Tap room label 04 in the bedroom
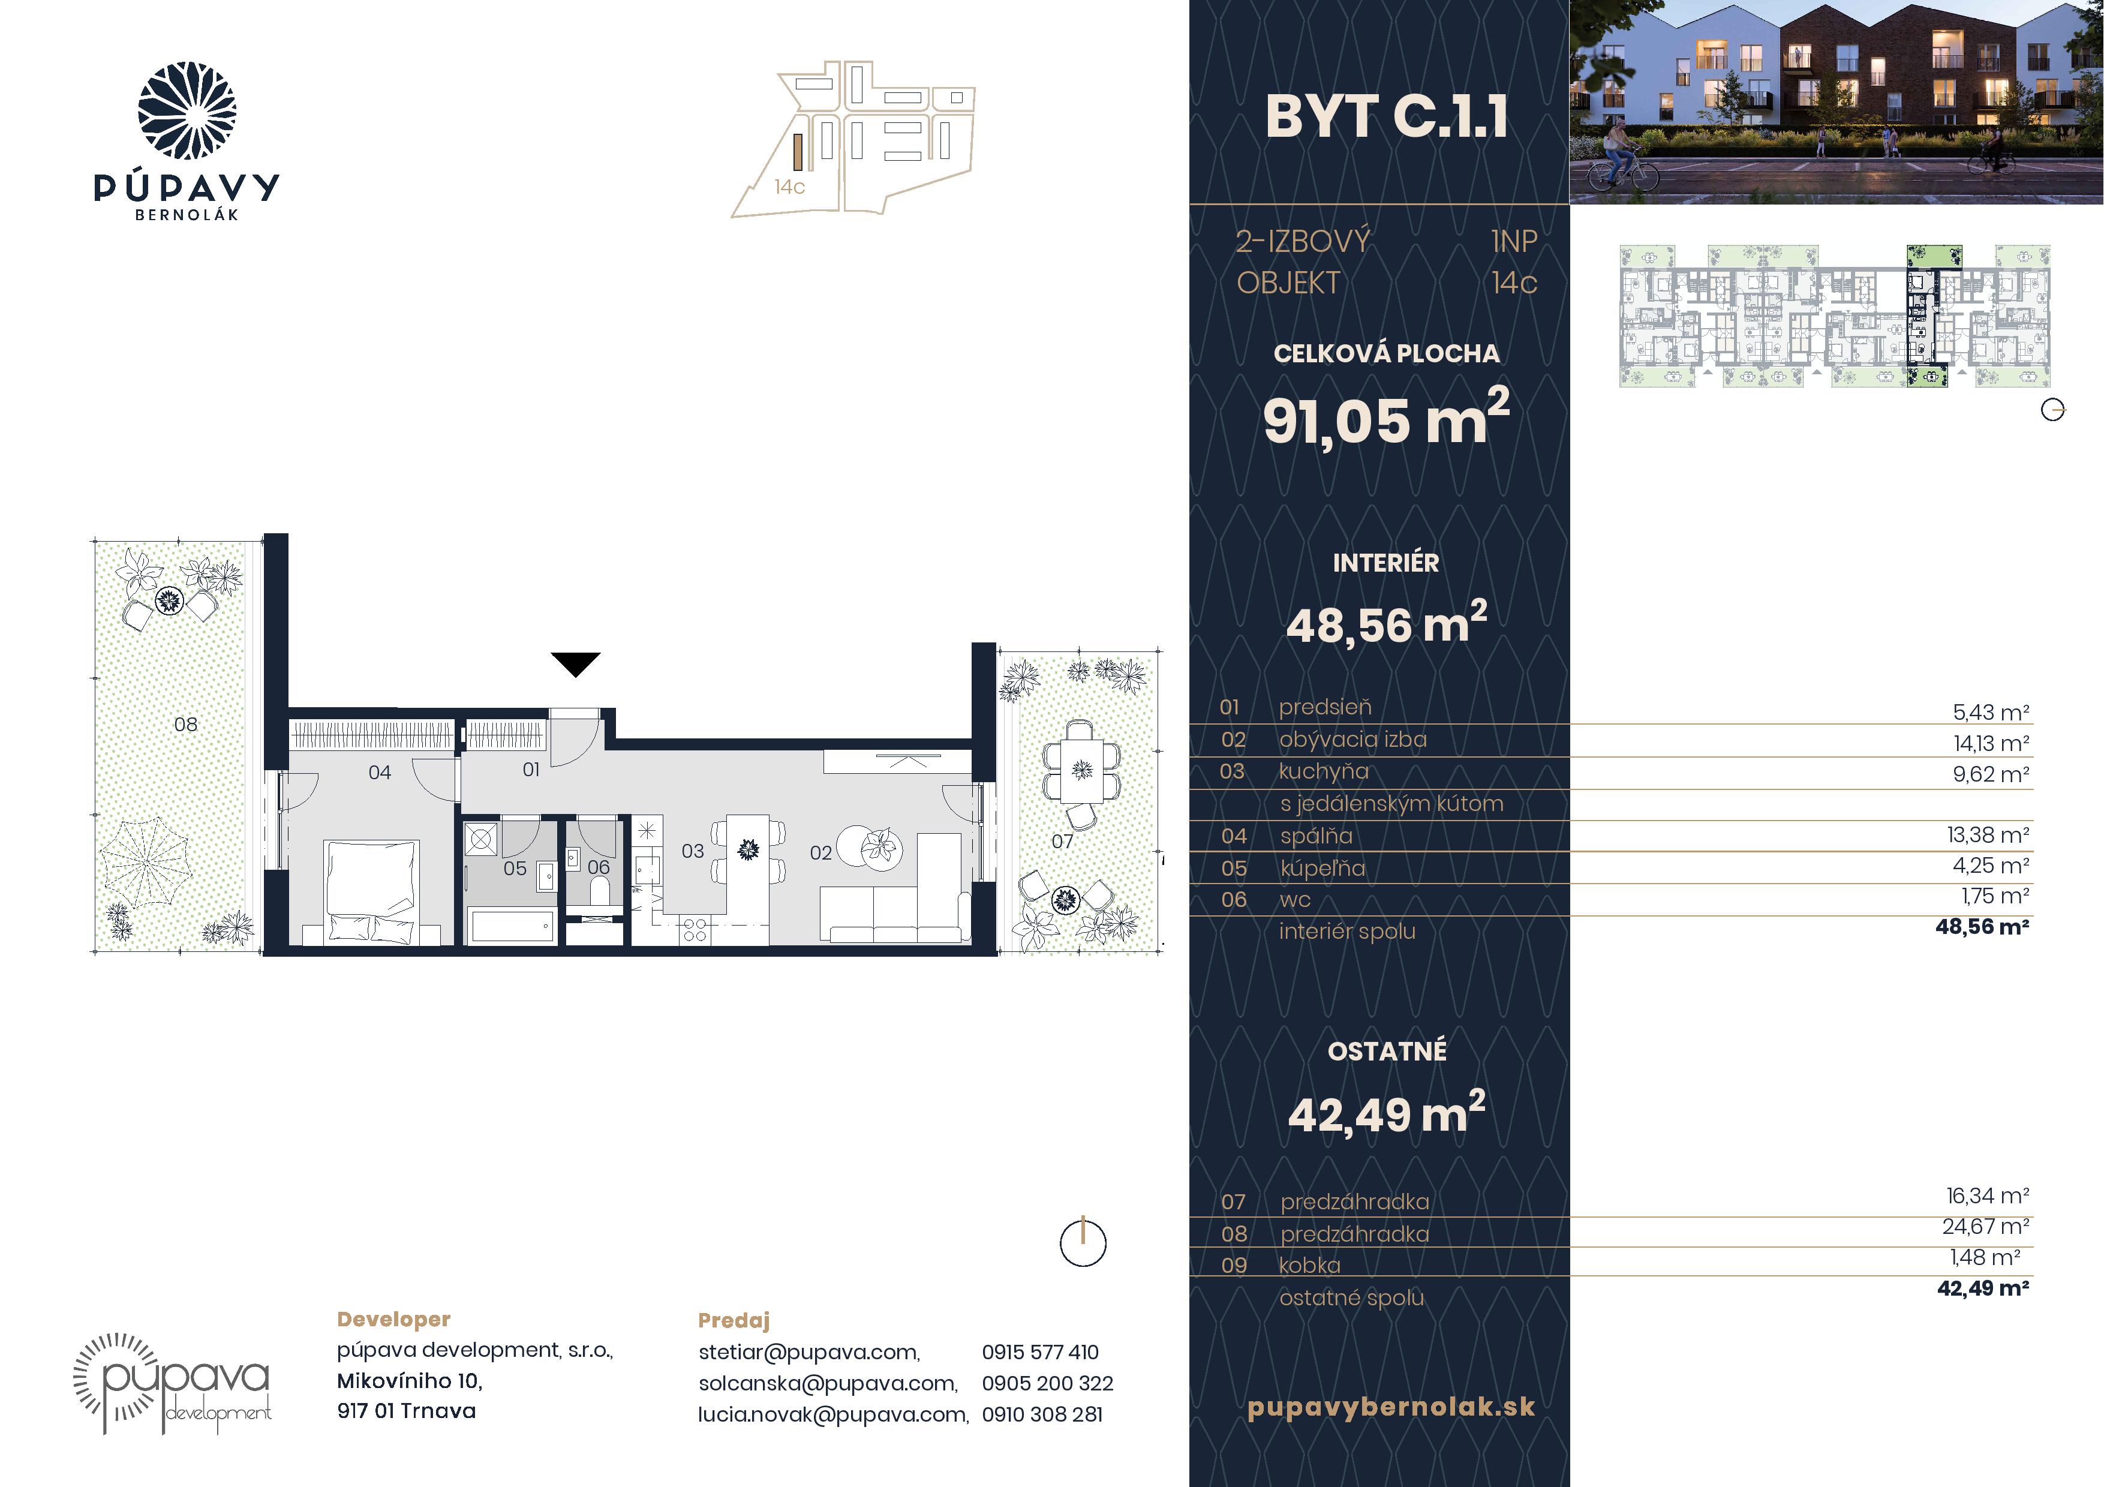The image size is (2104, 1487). coord(380,773)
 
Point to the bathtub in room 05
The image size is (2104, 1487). coord(512,926)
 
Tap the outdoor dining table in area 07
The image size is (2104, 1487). coord(1081,771)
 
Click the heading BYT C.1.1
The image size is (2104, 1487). coord(1387,118)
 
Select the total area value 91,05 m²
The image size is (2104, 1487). coord(1385,419)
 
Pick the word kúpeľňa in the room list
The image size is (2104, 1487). coord(1322,867)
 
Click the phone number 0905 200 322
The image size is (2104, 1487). coord(1047,1383)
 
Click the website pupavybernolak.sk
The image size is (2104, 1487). coord(1391,1407)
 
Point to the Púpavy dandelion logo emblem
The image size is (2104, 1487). coord(187,111)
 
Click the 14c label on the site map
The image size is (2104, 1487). coord(789,187)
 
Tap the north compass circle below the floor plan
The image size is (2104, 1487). coord(1083,1244)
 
